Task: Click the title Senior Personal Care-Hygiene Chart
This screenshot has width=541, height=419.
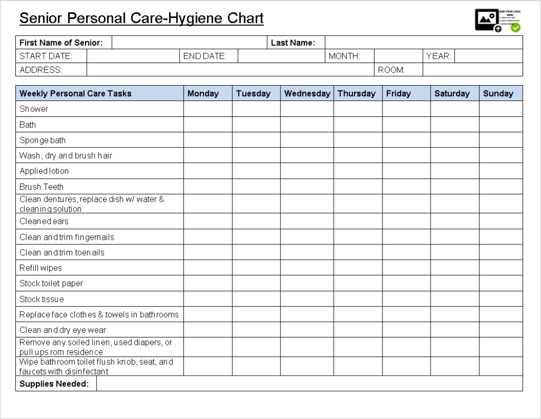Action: [141, 19]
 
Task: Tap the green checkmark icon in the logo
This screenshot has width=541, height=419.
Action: [516, 28]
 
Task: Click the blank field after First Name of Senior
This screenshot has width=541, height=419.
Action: [189, 43]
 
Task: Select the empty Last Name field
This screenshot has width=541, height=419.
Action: [423, 43]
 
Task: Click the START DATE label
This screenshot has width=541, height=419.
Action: [46, 56]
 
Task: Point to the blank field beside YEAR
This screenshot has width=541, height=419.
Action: [488, 56]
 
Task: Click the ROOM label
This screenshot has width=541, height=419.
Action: [391, 70]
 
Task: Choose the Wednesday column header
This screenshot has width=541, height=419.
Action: [307, 94]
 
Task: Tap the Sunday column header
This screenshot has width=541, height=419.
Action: [498, 94]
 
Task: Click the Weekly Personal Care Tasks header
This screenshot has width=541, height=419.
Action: [76, 94]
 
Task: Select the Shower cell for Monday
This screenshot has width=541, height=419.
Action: [208, 109]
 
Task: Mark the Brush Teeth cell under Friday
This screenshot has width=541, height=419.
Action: [406, 187]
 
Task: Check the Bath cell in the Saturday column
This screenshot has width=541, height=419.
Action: [454, 125]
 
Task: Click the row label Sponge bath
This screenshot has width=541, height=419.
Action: [43, 140]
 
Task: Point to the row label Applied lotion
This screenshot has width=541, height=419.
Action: [44, 171]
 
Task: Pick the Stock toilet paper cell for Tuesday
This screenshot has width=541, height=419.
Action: [256, 284]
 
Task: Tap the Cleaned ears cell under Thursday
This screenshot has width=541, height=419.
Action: [358, 222]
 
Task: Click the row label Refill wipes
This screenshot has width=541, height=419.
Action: [41, 268]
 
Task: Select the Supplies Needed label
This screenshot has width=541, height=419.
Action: [54, 384]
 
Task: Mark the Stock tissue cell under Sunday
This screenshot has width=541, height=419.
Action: [501, 299]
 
